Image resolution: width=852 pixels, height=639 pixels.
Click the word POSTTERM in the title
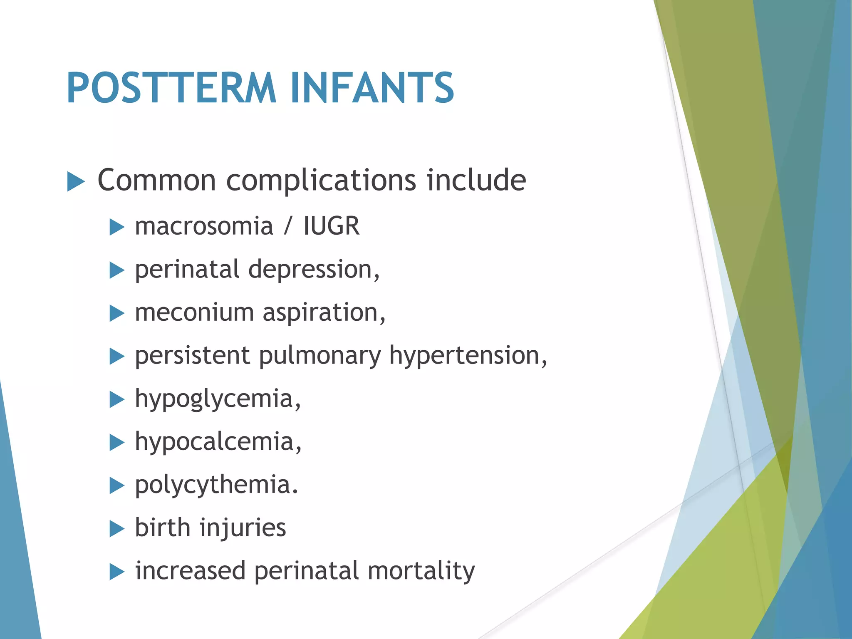click(171, 88)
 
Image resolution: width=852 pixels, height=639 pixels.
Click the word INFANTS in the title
click(372, 88)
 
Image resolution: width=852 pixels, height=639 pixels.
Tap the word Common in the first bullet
click(156, 180)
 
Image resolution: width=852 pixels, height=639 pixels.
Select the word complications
click(321, 181)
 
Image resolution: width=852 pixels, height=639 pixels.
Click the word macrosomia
click(204, 227)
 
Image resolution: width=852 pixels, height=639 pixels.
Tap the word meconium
click(194, 313)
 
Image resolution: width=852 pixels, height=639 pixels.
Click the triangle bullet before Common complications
click(76, 182)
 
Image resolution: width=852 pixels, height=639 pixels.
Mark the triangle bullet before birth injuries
click(117, 529)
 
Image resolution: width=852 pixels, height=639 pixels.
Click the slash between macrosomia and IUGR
click(288, 227)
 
